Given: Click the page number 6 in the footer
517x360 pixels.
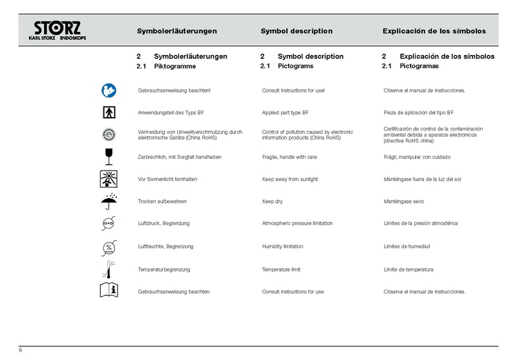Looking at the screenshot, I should click(x=21, y=350).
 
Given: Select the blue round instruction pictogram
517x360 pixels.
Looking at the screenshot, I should click(x=109, y=89).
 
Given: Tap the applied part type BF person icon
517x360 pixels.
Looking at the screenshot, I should click(x=109, y=112).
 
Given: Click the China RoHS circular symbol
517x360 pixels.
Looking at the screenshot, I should click(x=109, y=134).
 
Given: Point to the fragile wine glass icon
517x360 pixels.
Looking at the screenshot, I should click(x=109, y=156).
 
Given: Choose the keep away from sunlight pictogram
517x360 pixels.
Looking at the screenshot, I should click(x=109, y=179).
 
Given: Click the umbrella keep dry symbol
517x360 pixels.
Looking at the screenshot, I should click(x=109, y=201).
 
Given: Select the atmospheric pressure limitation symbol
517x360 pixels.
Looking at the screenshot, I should click(x=109, y=224).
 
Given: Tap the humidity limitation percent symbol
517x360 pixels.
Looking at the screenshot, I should click(x=109, y=246).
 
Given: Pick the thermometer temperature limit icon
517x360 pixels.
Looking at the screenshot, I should click(x=109, y=268).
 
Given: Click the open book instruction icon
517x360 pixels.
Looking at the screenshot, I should click(x=109, y=290).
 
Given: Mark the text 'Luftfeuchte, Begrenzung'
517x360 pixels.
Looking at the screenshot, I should click(x=166, y=246).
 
